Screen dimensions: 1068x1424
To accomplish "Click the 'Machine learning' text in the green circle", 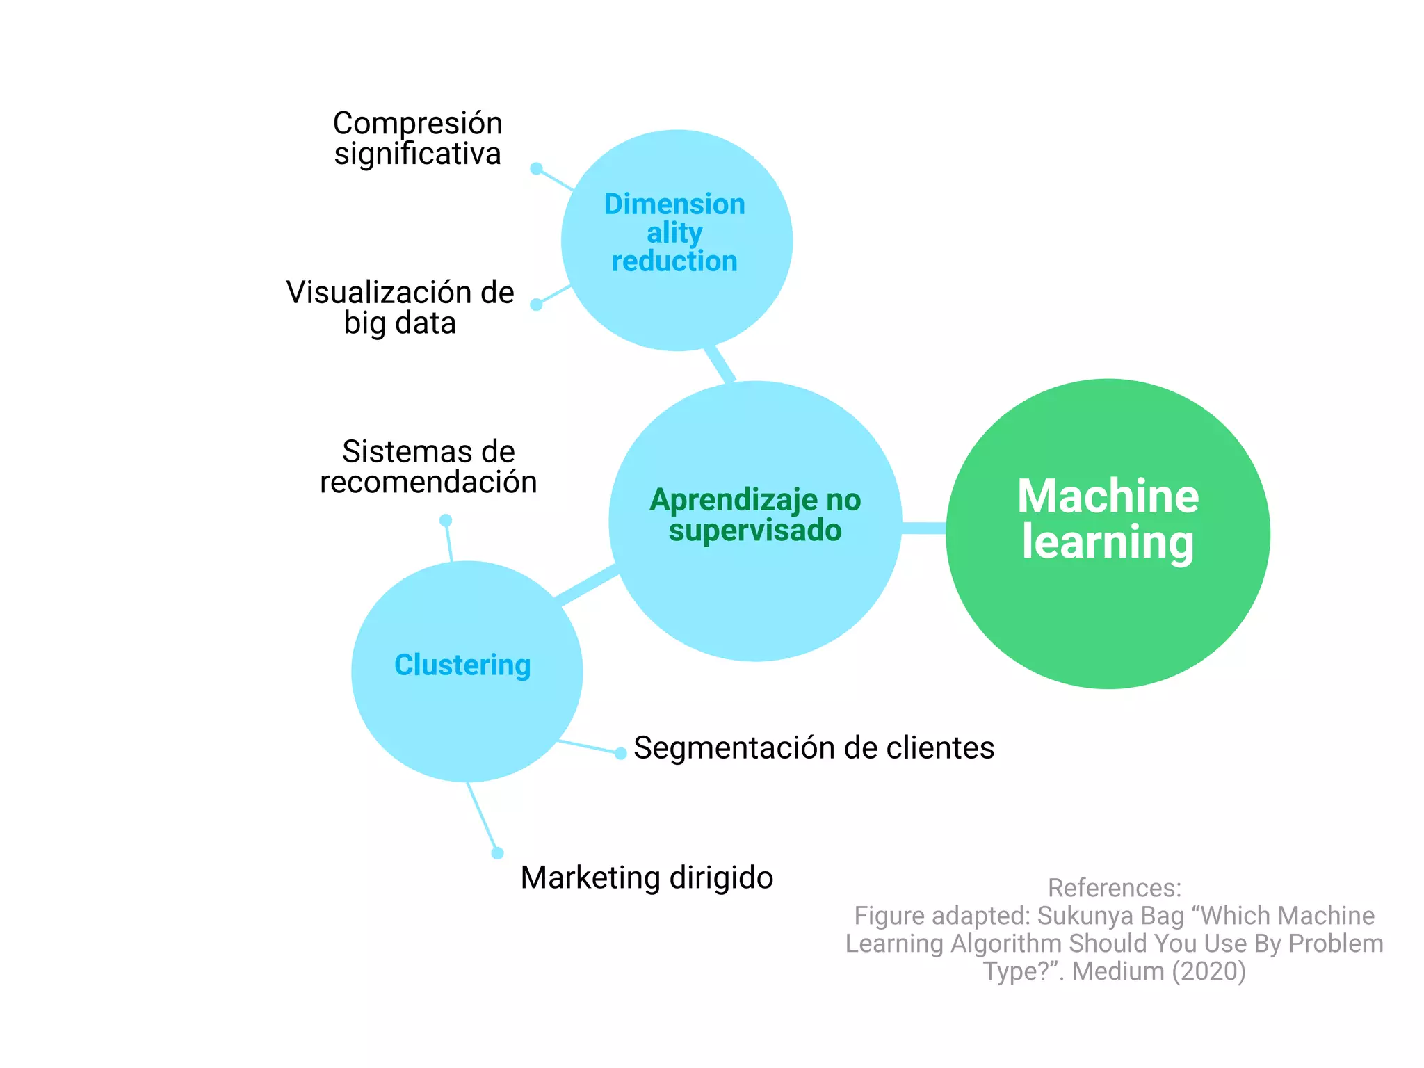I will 1108,519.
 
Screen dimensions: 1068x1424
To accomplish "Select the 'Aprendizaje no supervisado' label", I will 755,515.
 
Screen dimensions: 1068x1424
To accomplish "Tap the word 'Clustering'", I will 462,665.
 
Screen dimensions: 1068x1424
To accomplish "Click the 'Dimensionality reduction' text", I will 674,232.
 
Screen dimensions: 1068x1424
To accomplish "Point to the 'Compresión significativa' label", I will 417,138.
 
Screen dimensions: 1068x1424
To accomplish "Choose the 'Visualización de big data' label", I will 400,307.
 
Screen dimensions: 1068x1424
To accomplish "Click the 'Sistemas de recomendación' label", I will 428,467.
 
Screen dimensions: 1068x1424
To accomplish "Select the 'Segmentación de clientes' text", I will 814,748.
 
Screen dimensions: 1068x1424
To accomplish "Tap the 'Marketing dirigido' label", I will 647,877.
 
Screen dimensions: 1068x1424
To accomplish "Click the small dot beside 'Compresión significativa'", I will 536,168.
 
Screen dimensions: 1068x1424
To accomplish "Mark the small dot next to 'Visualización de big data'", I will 536,305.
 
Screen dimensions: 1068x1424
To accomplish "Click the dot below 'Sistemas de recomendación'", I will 446,520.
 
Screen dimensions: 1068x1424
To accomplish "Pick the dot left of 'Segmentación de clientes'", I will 620,753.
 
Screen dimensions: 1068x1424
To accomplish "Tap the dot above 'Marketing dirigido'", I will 497,853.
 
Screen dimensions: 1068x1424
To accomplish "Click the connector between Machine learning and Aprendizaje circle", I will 924,528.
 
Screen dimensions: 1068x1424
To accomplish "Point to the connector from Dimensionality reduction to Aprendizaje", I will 720,364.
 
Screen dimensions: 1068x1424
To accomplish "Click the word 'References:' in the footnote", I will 1114,888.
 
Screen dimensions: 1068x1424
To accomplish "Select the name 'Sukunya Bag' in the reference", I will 1110,916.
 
